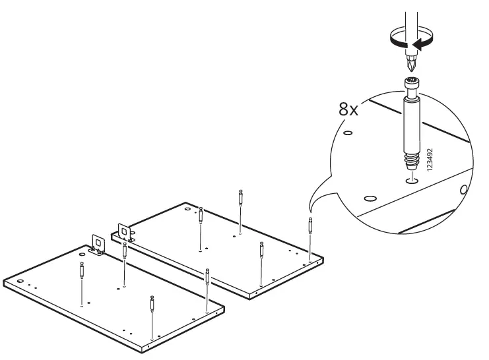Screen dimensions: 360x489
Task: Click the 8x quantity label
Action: pos(348,109)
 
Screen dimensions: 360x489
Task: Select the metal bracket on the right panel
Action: pos(125,233)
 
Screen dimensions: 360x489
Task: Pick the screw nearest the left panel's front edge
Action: pos(152,306)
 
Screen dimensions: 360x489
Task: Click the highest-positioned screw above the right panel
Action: pos(240,197)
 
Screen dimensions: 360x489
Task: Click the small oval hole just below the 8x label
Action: pos(349,134)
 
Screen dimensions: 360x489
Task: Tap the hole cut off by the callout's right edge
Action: pos(463,190)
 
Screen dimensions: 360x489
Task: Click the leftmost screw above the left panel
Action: pos(81,271)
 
